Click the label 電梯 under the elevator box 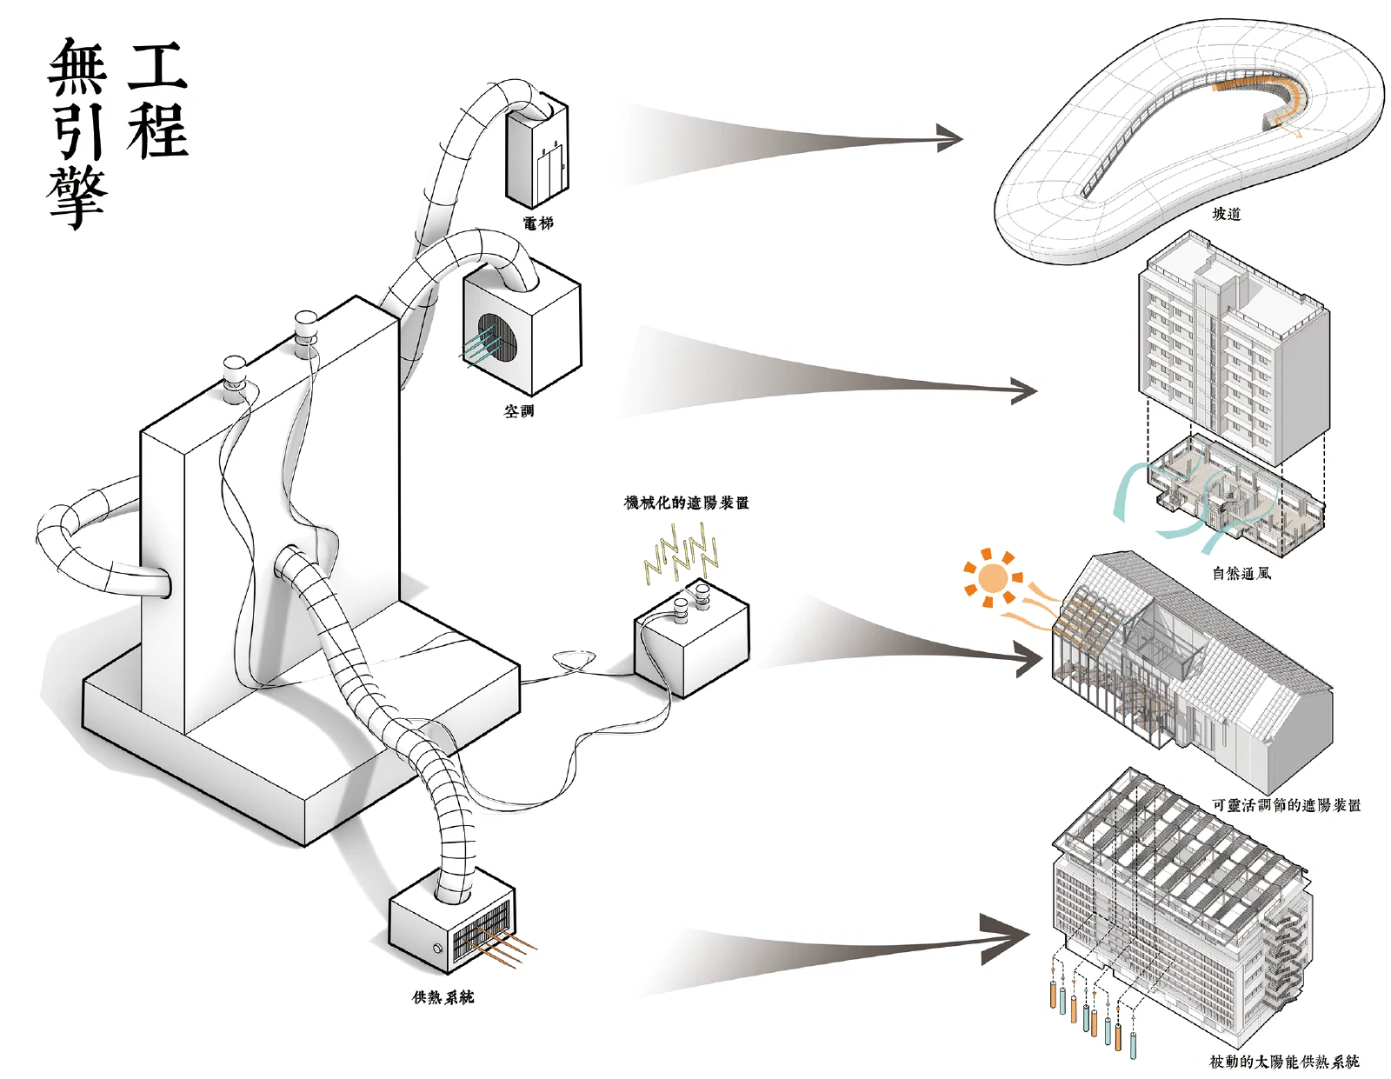[x=537, y=223]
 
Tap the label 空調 [x=518, y=411]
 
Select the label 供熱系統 [x=443, y=996]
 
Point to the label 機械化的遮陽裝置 [x=686, y=503]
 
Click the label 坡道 [x=1227, y=214]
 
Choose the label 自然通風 [x=1241, y=573]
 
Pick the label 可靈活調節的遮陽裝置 [x=1287, y=804]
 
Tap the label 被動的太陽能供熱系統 [x=1284, y=1062]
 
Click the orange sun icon [x=993, y=578]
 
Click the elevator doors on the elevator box [x=549, y=173]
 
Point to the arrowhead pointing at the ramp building [x=948, y=138]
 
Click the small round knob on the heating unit [x=438, y=948]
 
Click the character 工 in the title [x=156, y=65]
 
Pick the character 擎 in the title [x=77, y=197]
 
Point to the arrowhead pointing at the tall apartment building [x=1024, y=390]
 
